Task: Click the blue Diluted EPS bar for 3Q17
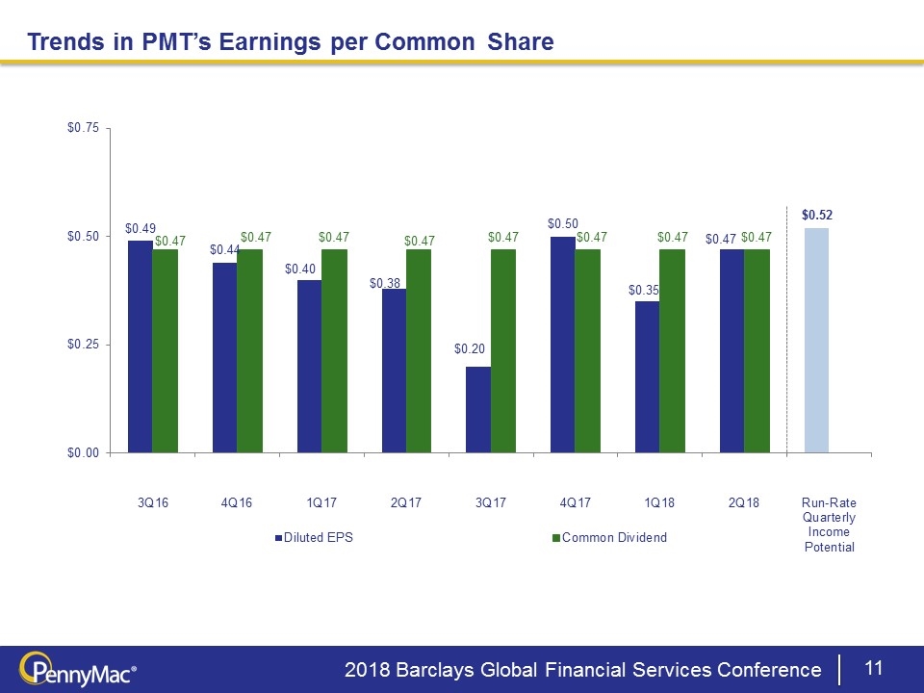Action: pos(478,409)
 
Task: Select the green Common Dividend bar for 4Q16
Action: pos(249,350)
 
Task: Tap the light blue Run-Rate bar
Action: pos(816,340)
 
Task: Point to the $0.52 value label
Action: pos(816,214)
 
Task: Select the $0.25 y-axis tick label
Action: pos(83,345)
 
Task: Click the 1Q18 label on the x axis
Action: pos(659,503)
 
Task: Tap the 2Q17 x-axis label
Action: pos(406,503)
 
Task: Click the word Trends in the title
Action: pos(61,41)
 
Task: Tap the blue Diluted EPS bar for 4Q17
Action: pos(563,344)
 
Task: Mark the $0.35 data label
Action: pos(643,289)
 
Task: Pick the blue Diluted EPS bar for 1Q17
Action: pos(309,366)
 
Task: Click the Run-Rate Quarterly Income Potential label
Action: pos(829,526)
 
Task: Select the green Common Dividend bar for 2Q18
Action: pos(757,350)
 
